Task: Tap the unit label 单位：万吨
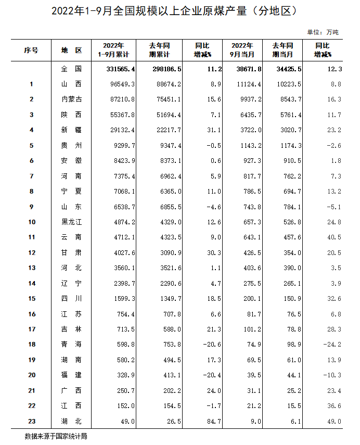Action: (323, 32)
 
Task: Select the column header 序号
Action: (31, 50)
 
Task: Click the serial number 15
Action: (32, 299)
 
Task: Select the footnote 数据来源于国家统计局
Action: (56, 436)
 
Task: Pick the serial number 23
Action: (32, 422)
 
